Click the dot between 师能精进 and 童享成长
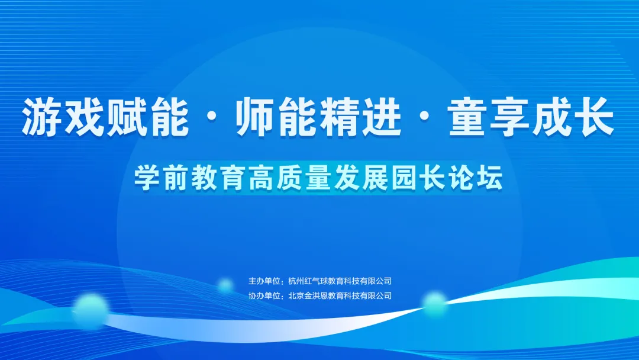425,117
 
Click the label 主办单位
264,281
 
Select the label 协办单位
264,295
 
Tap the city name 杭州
295,281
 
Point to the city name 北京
295,295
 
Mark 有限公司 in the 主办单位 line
377,281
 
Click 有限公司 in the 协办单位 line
377,295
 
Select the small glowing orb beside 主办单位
225,286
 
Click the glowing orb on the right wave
435,303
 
